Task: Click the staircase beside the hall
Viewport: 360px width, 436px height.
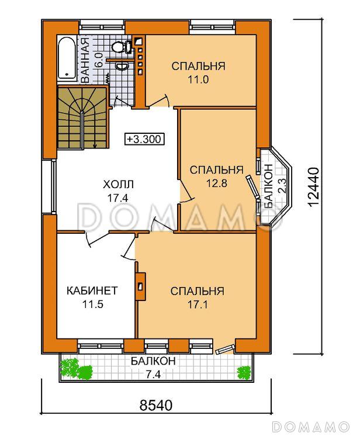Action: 82,118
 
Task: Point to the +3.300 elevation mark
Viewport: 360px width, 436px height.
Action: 144,139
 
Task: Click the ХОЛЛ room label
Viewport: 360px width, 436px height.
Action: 118,184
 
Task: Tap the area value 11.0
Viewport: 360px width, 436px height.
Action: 198,80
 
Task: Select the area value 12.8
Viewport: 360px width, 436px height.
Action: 217,184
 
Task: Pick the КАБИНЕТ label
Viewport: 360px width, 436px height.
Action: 92,291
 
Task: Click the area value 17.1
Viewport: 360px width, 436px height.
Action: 198,305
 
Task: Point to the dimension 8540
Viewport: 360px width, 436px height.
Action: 155,405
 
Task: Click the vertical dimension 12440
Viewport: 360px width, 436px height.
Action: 314,186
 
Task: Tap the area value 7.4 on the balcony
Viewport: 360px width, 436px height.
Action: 153,375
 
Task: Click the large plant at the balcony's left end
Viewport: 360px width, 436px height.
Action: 76,369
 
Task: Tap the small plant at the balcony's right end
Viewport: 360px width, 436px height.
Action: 244,373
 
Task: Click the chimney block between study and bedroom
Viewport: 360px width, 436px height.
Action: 140,286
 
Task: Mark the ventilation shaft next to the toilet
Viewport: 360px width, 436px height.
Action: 139,57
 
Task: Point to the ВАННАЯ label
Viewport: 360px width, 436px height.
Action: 85,60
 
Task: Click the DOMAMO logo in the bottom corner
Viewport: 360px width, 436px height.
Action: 310,426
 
